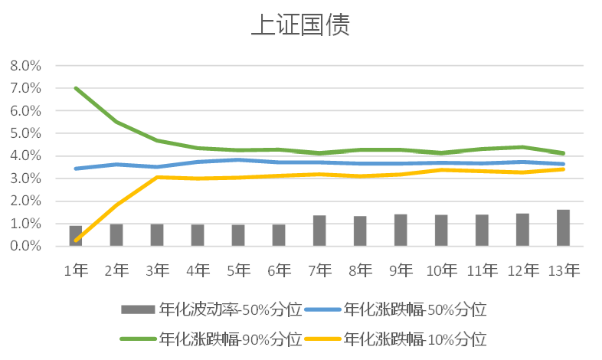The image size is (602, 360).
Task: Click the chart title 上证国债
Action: pyautogui.click(x=300, y=25)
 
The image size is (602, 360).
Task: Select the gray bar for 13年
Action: pyautogui.click(x=563, y=227)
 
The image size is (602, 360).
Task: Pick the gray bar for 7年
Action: pyautogui.click(x=319, y=231)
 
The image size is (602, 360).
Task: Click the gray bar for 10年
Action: pyautogui.click(x=441, y=231)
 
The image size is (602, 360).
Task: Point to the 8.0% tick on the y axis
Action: pyautogui.click(x=25, y=66)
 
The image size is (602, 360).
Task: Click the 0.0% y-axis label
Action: pyautogui.click(x=25, y=247)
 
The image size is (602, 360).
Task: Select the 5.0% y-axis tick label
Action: pyautogui.click(x=25, y=133)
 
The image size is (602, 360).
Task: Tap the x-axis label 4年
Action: pyautogui.click(x=198, y=270)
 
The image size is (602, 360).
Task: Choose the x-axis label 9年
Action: pyautogui.click(x=401, y=270)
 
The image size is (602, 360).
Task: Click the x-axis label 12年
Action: pyautogui.click(x=522, y=270)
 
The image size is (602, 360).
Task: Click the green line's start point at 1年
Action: pyautogui.click(x=76, y=88)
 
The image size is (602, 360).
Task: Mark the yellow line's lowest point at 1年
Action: pyautogui.click(x=76, y=241)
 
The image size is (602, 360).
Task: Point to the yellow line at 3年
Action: pyautogui.click(x=157, y=177)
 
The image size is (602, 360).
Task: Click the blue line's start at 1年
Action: pyautogui.click(x=76, y=169)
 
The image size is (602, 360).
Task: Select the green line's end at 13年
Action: pyautogui.click(x=563, y=153)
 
